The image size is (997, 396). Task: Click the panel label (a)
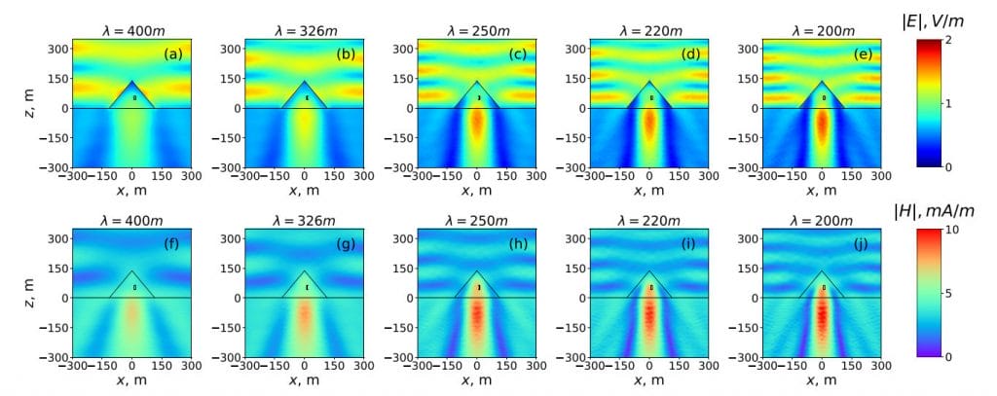coord(175,54)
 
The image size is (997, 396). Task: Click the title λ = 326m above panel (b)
coord(306,28)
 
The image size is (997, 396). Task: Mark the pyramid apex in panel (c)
coord(478,81)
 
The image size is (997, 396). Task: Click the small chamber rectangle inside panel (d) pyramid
coord(651,98)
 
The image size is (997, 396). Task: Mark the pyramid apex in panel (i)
coord(651,270)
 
